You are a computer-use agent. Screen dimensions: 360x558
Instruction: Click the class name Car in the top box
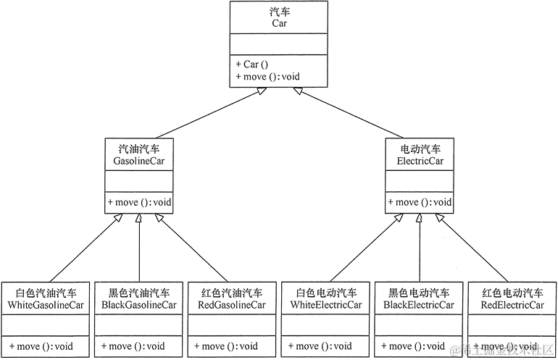[279, 23]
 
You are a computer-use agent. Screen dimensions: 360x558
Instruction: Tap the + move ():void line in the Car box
[267, 76]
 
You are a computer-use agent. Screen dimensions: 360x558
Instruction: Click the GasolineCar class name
[139, 162]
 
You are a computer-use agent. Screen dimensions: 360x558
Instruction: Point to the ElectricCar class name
[420, 162]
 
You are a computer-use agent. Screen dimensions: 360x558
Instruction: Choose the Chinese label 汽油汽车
[139, 149]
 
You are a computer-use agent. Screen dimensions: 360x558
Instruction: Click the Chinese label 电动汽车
[420, 149]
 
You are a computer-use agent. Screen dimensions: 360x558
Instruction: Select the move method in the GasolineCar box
[139, 202]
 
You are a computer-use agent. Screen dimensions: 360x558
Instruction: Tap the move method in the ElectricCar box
[420, 202]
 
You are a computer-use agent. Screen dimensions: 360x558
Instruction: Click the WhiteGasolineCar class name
[46, 305]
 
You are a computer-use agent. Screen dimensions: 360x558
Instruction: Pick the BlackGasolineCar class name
[139, 305]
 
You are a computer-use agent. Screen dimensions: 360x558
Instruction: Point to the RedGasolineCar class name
[232, 305]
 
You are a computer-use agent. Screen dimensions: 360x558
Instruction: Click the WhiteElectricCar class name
[326, 305]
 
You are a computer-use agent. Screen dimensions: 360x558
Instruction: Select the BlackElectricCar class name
[420, 305]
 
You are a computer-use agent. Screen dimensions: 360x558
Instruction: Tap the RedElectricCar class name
[512, 305]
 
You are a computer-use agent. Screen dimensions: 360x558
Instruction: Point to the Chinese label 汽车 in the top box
[279, 11]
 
